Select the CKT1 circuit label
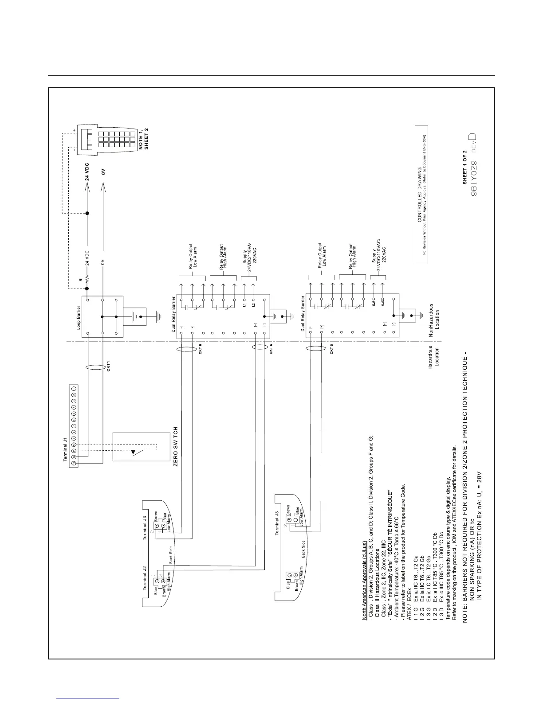108,366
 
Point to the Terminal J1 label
65,449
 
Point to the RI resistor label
80,280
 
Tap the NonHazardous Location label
434,316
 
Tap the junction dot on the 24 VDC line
87,213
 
